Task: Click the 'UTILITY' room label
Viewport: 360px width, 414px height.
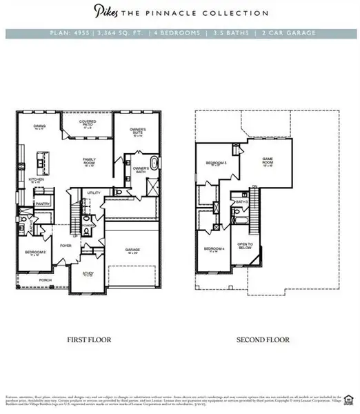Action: (94, 193)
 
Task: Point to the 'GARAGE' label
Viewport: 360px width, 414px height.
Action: (132, 250)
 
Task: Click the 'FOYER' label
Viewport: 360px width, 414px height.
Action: (66, 244)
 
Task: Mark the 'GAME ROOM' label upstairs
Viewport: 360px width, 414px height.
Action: (268, 161)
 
